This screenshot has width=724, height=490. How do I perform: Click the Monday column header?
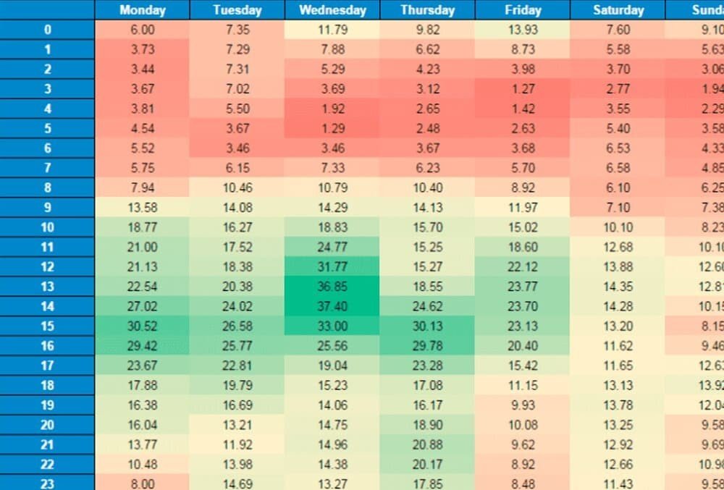(x=142, y=10)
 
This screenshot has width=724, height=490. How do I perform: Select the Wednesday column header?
(x=332, y=10)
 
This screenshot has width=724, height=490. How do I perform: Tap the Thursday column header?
(x=427, y=10)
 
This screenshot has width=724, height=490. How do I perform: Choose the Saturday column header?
(x=618, y=10)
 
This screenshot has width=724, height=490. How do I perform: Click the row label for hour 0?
(x=47, y=30)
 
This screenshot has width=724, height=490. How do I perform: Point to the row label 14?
(x=47, y=306)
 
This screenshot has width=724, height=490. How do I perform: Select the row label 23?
(x=47, y=483)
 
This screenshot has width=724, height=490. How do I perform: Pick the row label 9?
(x=47, y=207)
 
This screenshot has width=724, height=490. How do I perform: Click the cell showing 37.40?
(x=332, y=306)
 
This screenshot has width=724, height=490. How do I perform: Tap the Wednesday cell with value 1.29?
(x=332, y=128)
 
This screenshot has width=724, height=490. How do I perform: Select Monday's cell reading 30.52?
(x=142, y=326)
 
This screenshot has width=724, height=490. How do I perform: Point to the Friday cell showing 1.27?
(x=523, y=89)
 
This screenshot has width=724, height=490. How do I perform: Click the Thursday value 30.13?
(x=427, y=326)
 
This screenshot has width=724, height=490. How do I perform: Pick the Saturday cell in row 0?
(x=618, y=30)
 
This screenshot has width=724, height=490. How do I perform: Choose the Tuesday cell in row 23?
(x=237, y=483)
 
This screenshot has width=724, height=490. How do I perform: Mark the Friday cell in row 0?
(x=523, y=30)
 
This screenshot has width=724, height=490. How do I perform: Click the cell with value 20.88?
(x=427, y=444)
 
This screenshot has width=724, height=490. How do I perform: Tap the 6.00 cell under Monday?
(x=142, y=30)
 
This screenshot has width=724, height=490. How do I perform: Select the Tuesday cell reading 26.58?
(x=237, y=326)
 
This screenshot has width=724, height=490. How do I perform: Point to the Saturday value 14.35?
(x=618, y=287)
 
